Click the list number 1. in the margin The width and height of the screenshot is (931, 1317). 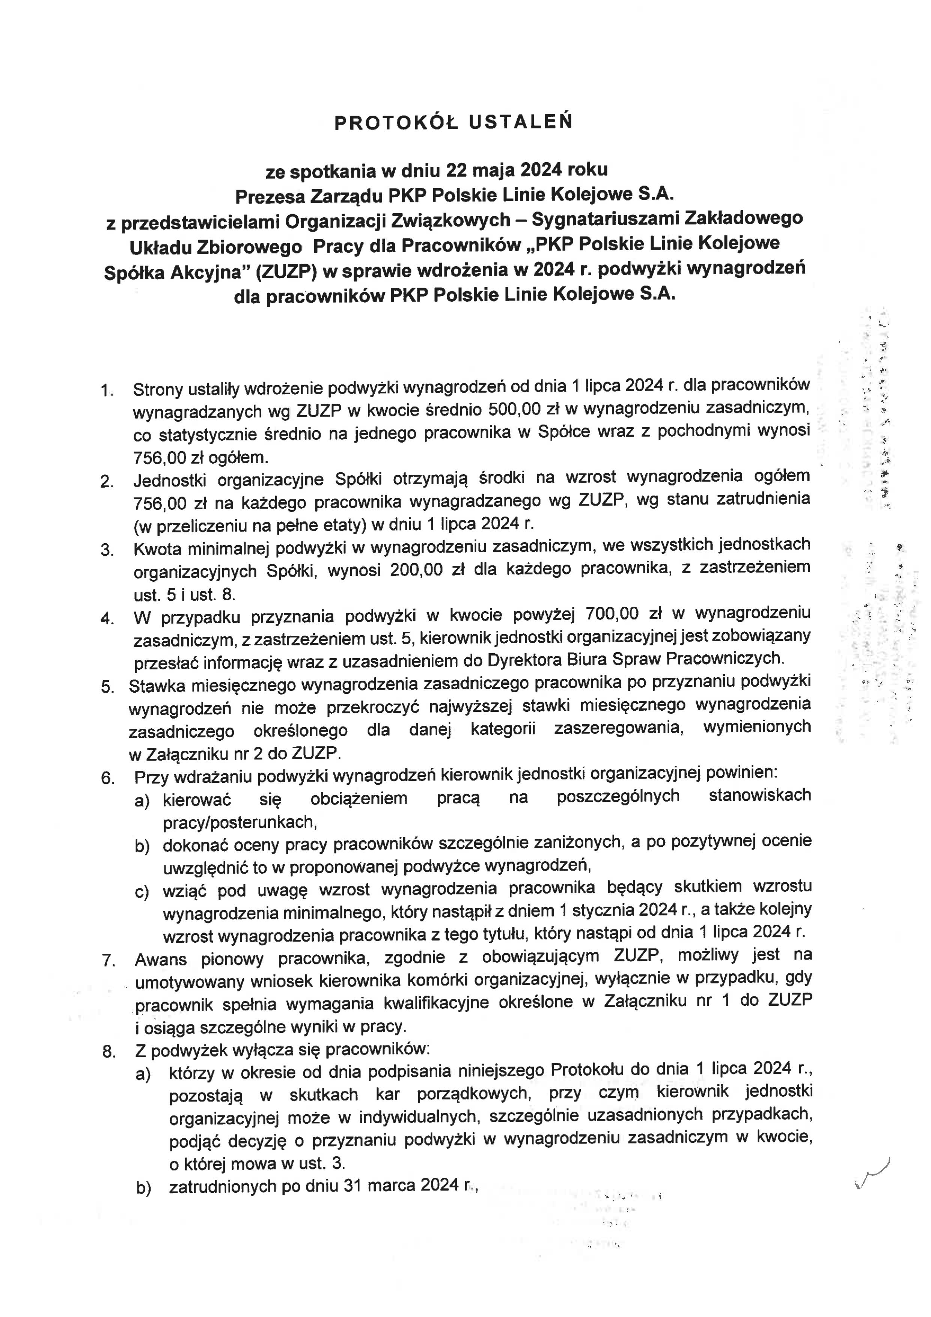pos(107,390)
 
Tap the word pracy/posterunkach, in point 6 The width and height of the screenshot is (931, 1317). pos(240,823)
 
